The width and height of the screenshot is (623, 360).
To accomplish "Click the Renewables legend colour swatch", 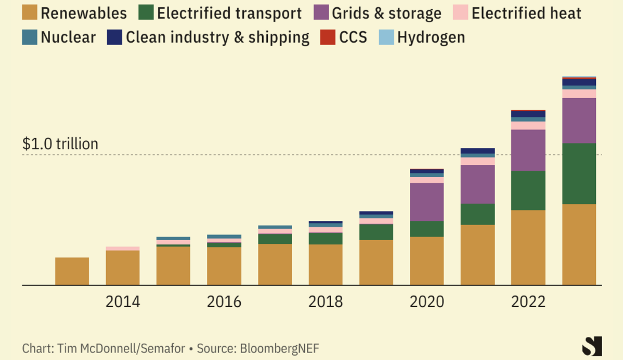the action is [x=30, y=12].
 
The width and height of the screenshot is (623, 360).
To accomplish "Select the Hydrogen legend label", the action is [x=431, y=37].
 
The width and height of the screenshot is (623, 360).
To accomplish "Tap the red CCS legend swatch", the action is [x=328, y=37].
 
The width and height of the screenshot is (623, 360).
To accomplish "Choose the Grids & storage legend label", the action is [x=387, y=13].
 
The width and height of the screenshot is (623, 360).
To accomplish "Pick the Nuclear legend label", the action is [x=68, y=37].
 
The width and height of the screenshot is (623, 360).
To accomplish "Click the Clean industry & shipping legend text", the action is [x=218, y=37].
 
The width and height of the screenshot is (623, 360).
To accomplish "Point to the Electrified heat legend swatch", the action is [x=460, y=12].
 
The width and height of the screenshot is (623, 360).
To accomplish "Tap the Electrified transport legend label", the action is [x=229, y=13].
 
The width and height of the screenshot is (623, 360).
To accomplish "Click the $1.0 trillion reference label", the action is [x=60, y=144].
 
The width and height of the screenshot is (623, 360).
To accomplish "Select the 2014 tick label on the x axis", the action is [x=123, y=302].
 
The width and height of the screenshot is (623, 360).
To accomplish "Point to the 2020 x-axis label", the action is [x=427, y=302].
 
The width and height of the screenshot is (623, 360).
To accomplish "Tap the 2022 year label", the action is [x=528, y=302].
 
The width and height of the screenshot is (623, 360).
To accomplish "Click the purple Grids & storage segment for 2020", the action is [x=427, y=202].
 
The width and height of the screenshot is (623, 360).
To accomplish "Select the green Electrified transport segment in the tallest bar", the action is [x=579, y=174].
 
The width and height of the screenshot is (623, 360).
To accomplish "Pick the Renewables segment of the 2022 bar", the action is [x=528, y=247].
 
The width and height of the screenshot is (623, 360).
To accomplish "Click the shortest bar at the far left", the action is [x=72, y=271].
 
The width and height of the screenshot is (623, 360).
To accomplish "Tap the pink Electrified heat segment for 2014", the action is [x=123, y=248].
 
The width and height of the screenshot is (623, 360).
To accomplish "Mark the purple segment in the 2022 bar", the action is [x=528, y=150].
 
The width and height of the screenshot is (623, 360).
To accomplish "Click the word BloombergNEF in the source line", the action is [x=279, y=348].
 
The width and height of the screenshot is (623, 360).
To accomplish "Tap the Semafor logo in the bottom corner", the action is [x=592, y=346].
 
